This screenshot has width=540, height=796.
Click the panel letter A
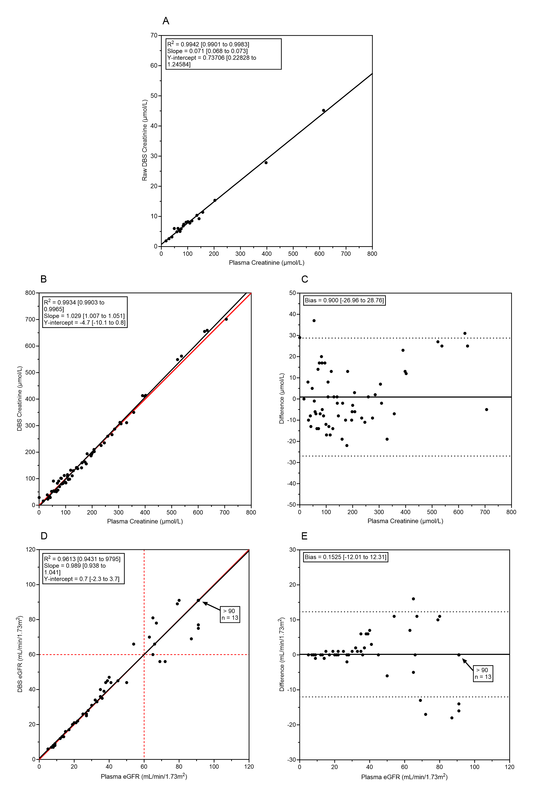(x=166, y=21)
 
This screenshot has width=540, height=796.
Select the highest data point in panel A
(x=324, y=110)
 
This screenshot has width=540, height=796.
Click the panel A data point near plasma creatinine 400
(x=266, y=163)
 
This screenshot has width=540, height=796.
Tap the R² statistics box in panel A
(x=223, y=54)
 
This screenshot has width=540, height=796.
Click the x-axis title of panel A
(x=267, y=263)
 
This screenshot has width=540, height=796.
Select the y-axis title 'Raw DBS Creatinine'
(x=145, y=141)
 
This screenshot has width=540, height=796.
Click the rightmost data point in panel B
(x=226, y=319)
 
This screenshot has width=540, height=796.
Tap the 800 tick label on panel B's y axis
(x=30, y=293)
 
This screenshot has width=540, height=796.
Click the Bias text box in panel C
(x=344, y=300)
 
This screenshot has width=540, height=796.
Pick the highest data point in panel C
(x=314, y=321)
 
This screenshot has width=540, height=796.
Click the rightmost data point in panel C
(x=487, y=410)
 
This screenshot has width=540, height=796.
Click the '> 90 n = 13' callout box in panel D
(x=230, y=614)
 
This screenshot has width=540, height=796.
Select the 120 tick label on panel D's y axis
(x=31, y=550)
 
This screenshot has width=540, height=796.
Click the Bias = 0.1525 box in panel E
(x=345, y=557)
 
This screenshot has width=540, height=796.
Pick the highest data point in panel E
(x=413, y=599)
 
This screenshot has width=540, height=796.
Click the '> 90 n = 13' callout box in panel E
(x=483, y=673)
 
